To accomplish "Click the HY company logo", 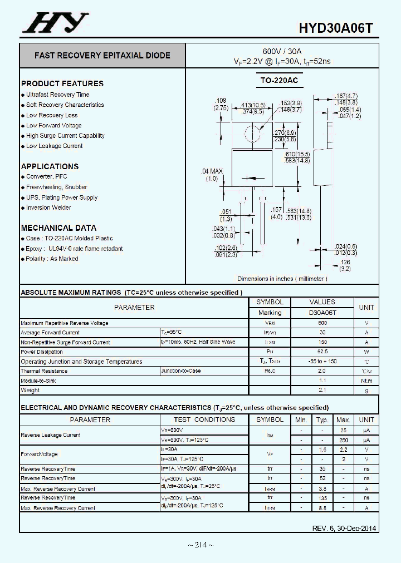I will point(55,23).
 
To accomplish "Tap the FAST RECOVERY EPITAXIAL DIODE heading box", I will point(102,56).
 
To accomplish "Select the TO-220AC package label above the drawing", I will point(279,81).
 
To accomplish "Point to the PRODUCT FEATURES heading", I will point(62,83).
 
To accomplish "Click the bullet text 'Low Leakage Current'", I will point(54,146).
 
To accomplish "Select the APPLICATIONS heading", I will point(50,166).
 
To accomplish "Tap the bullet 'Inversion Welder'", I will point(48,208).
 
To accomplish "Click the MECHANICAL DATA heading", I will point(58,228).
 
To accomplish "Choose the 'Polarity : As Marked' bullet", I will point(52,259).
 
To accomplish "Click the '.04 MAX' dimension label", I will point(212,171).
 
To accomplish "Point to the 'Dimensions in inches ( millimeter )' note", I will point(282,279).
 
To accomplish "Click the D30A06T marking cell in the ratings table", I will point(322,313).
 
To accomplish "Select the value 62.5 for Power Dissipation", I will point(322,352).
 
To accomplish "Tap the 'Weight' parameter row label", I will point(31,390).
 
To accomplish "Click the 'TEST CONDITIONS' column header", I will point(204,419).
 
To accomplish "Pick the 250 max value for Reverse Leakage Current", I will point(343,440).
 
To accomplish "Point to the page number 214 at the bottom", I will point(200,544).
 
